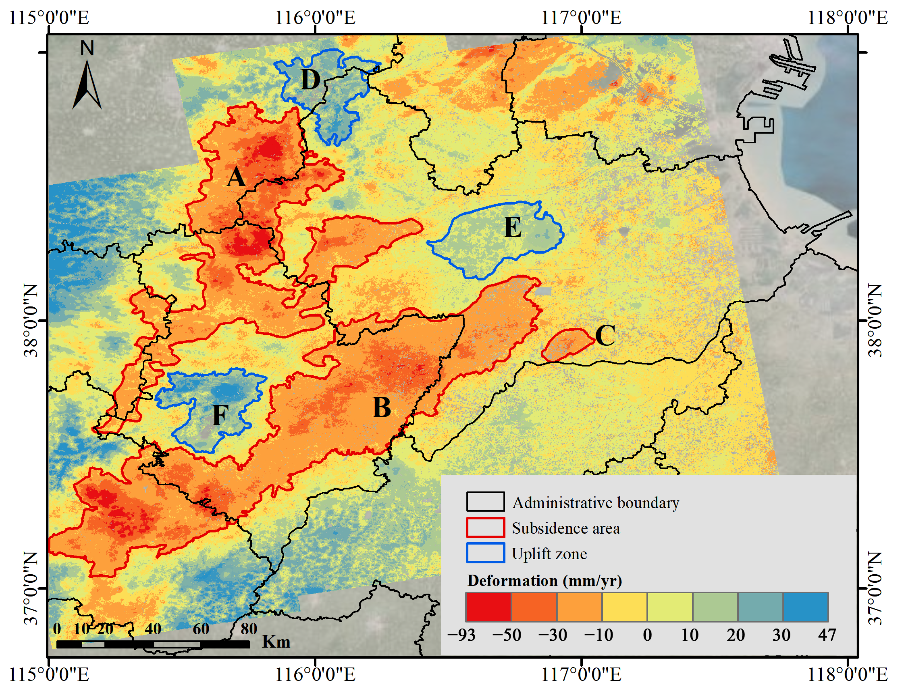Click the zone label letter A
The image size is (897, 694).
tap(236, 178)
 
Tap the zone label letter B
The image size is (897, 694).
tap(381, 408)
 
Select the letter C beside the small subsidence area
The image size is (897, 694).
tap(605, 336)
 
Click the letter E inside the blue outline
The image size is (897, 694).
tap(512, 227)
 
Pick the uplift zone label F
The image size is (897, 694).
tap(220, 415)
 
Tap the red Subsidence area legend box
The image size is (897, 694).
tap(485, 527)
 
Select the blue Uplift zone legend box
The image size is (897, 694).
tap(485, 553)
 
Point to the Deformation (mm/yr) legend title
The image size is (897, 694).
tap(544, 580)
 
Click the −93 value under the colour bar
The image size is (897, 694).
tap(461, 635)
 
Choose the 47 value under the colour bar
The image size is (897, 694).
tap(827, 635)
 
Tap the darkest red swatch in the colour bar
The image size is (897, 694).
tap(488, 607)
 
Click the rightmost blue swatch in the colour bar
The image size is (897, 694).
tap(805, 607)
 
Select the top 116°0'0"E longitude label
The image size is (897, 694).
tap(315, 18)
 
